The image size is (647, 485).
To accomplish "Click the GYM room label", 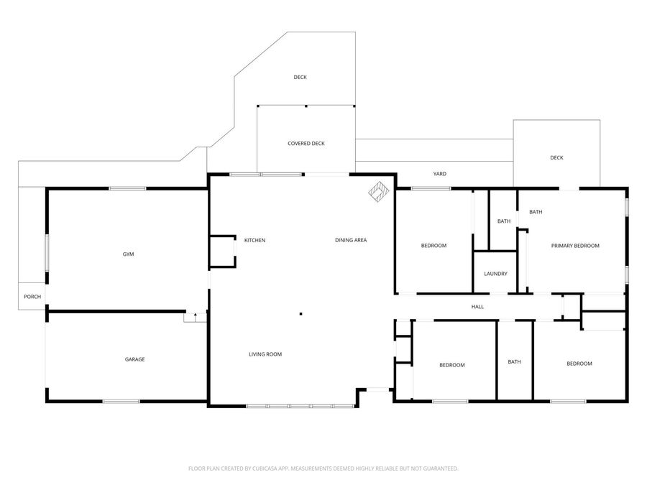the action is [x=129, y=254].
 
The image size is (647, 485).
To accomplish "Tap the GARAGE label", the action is [x=135, y=359].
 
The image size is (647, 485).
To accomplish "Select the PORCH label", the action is [x=32, y=297].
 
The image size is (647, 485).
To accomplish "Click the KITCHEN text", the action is [x=254, y=240].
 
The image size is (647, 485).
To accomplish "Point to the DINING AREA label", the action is [x=351, y=240].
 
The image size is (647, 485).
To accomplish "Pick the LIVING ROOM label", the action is [x=265, y=354].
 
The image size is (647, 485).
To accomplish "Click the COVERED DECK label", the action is [x=306, y=144].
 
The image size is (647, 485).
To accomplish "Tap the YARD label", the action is [x=440, y=174].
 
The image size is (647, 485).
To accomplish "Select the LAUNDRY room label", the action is [x=495, y=274].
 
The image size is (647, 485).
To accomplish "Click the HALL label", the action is [x=477, y=306].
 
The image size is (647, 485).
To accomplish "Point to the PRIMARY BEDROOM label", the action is [x=575, y=246].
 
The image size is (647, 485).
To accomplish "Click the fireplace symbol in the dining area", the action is [x=379, y=192].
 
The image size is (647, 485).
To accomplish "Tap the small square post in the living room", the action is [x=300, y=314].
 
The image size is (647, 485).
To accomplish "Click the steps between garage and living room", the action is [x=195, y=317].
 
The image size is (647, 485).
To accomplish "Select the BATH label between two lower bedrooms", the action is [x=514, y=361].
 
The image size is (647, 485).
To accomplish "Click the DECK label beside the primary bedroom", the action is [x=556, y=157].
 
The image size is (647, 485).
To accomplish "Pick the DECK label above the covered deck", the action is [x=300, y=77].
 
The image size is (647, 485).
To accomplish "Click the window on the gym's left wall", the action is [x=47, y=253].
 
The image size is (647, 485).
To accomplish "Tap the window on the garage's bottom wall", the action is [x=121, y=401].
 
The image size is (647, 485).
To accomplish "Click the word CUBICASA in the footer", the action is [x=268, y=468].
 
